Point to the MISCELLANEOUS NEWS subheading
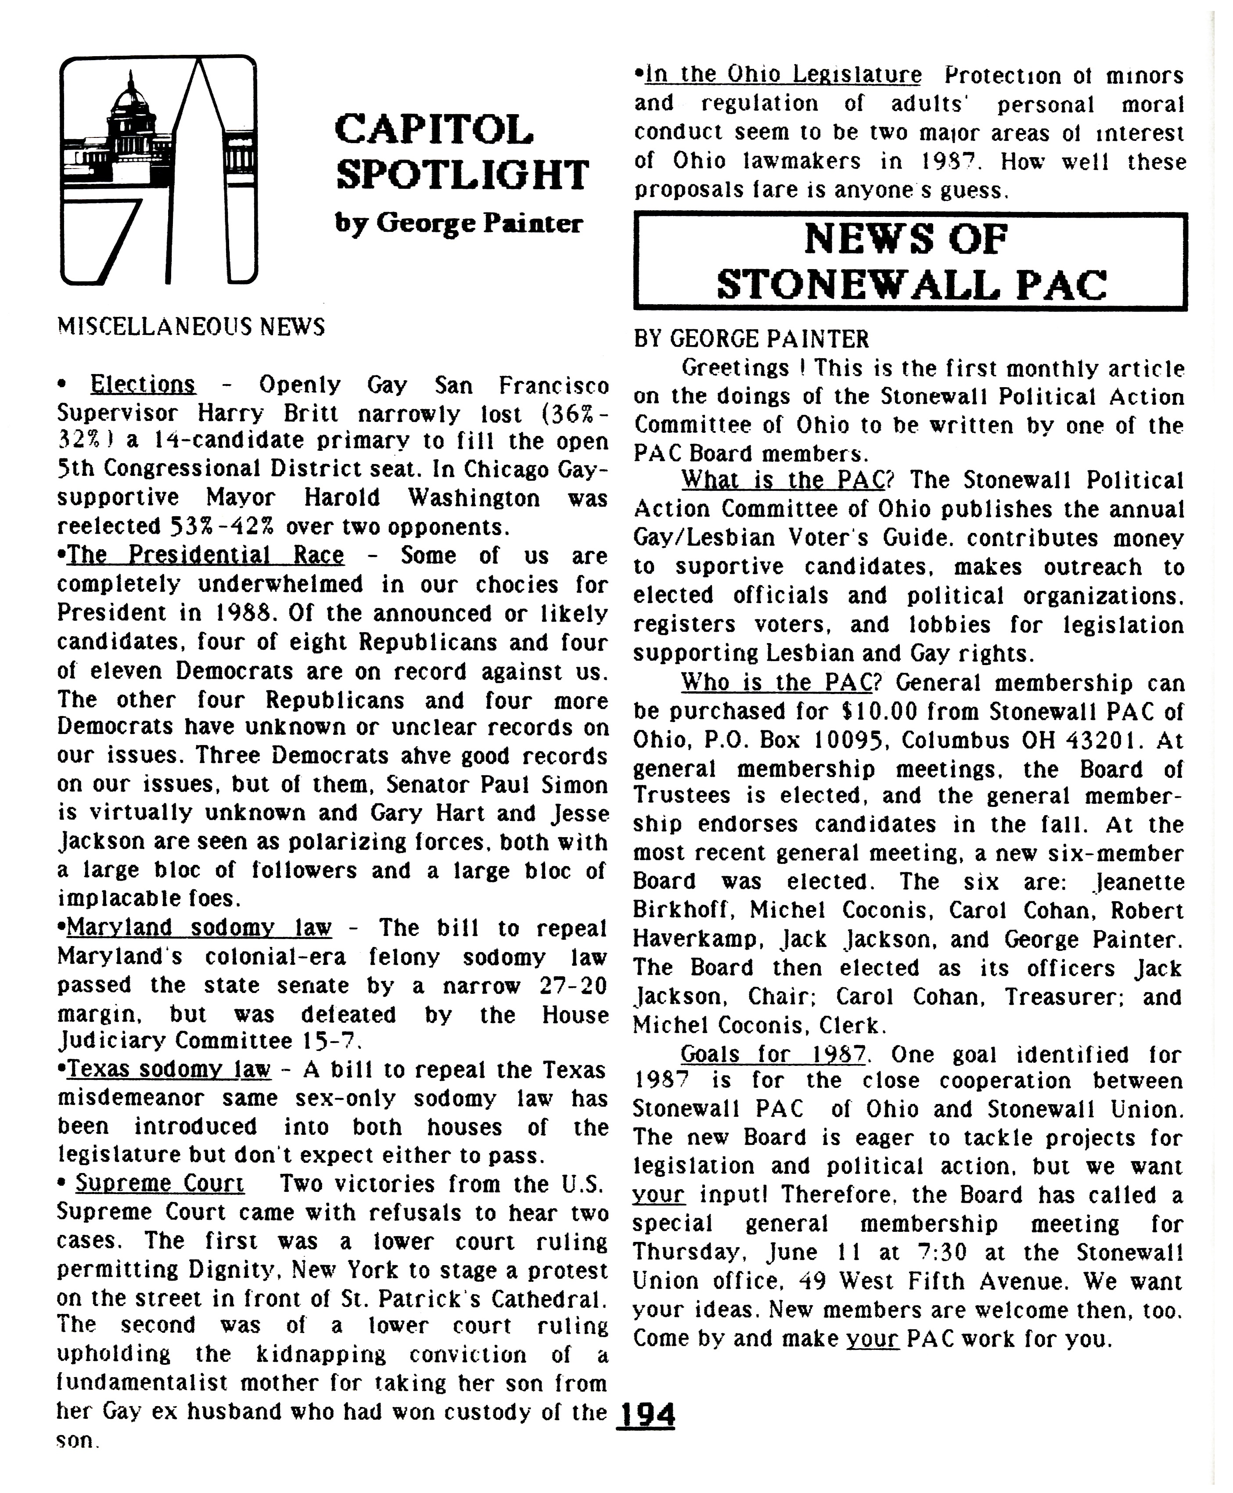[191, 327]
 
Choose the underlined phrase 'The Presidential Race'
[205, 555]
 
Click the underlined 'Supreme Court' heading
[160, 1184]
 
